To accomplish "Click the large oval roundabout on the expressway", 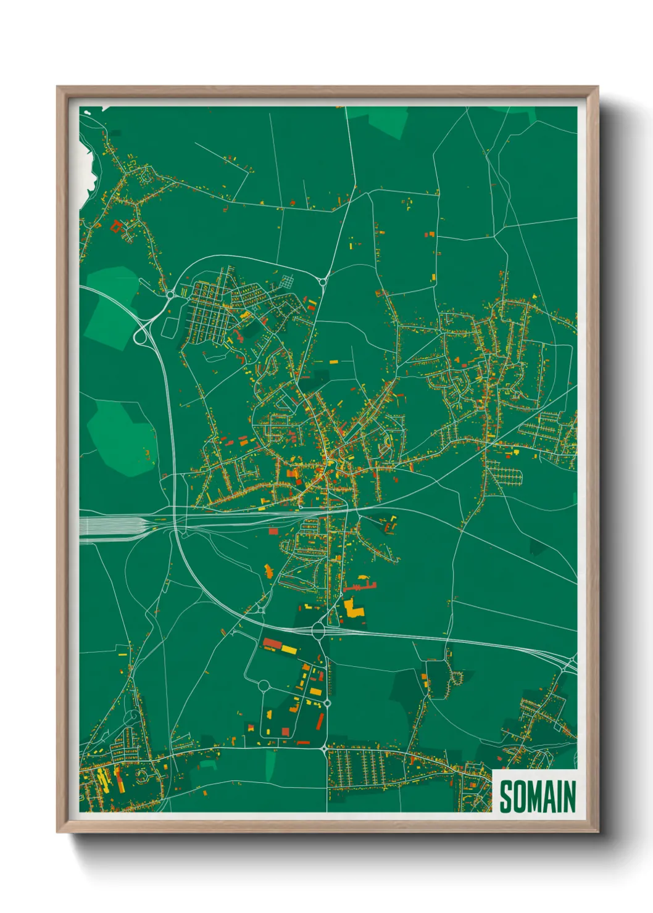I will point(318,630).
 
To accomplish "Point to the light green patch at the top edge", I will point(380,120).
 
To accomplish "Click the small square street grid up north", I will point(288,283).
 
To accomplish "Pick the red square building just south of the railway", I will point(273,531).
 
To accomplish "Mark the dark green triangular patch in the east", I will point(538,546).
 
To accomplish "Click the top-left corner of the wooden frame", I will point(57,87).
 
